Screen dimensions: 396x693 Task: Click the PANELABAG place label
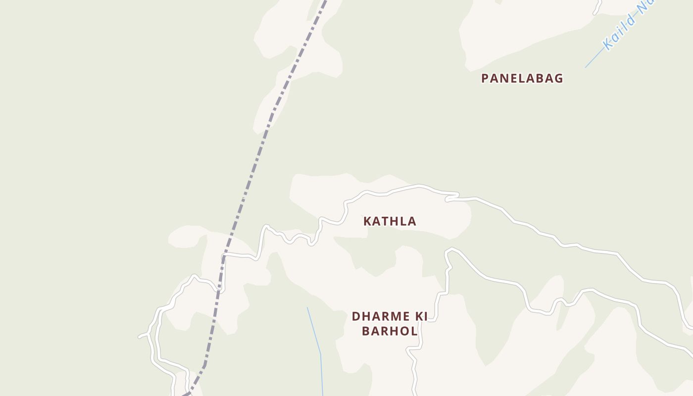pyautogui.click(x=522, y=78)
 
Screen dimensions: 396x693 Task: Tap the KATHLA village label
pyautogui.click(x=390, y=221)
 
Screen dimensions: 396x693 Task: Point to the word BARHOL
pyautogui.click(x=390, y=331)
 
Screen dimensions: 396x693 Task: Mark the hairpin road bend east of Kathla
pyautogui.click(x=448, y=198)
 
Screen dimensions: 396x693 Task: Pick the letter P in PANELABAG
pyautogui.click(x=485, y=78)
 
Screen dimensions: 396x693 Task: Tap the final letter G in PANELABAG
pyautogui.click(x=558, y=78)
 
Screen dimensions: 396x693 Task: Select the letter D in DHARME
pyautogui.click(x=356, y=316)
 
